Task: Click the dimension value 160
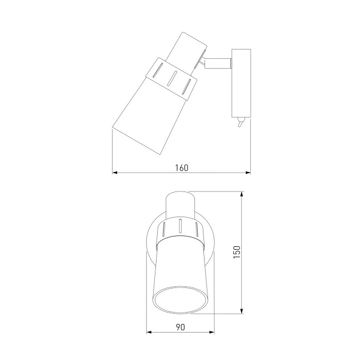coord(182,168)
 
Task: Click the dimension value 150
coord(237,252)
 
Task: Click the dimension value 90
coord(180,327)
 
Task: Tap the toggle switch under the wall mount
coord(241,122)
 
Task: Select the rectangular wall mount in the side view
coord(241,83)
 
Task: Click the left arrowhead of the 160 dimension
coord(115,173)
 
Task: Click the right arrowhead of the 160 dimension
coord(248,173)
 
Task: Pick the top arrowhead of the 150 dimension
coord(242,194)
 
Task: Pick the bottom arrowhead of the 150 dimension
coord(242,311)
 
